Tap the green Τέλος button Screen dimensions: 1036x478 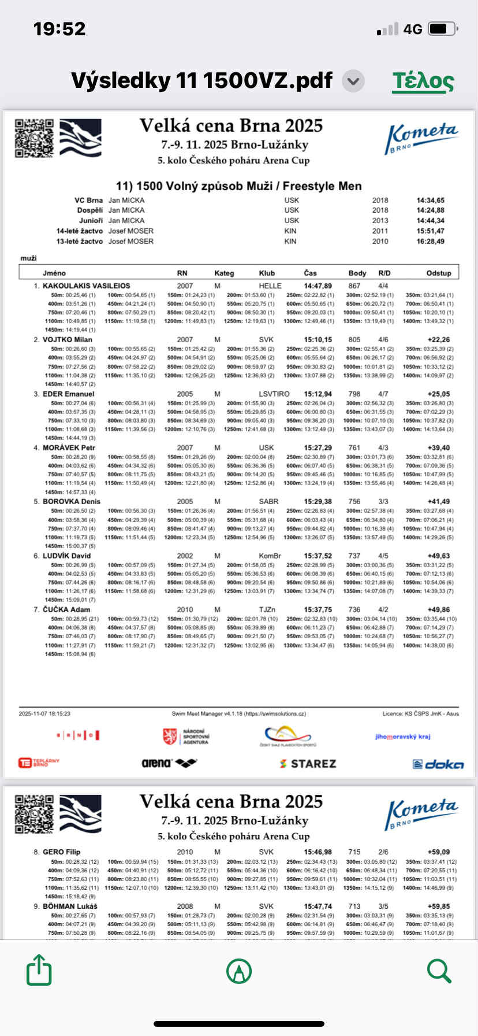(423, 81)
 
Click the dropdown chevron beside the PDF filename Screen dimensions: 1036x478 (353, 81)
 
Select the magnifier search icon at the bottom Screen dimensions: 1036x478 (439, 971)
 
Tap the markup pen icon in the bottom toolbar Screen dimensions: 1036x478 (238, 971)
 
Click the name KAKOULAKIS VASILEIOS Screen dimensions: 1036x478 (86, 286)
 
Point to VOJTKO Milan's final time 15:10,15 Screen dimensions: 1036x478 (318, 339)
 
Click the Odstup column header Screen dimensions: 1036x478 (439, 273)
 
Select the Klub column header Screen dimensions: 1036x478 (267, 273)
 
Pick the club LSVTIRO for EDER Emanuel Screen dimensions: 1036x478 (274, 394)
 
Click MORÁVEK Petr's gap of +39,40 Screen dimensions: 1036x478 (439, 447)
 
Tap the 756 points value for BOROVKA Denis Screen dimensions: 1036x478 (354, 501)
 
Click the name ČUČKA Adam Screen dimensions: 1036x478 (66, 609)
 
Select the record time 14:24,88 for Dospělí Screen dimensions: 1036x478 (430, 210)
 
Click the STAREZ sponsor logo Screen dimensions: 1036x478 (308, 764)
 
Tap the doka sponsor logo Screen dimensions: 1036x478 (439, 764)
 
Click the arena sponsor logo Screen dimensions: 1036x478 (169, 763)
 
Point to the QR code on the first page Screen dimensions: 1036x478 (34, 138)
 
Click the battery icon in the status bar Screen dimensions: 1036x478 (443, 29)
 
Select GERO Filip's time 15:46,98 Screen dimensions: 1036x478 (318, 852)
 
